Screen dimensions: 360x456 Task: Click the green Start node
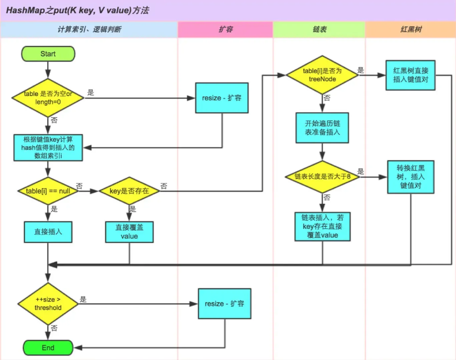click(48, 54)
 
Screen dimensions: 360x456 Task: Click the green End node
click(48, 348)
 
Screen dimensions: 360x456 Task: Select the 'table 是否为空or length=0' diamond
click(48, 98)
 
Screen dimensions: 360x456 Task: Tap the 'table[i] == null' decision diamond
click(48, 191)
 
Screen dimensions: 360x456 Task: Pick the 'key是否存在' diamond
click(129, 191)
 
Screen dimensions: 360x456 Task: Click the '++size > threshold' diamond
click(48, 304)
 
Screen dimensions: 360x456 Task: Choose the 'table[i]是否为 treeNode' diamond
click(322, 75)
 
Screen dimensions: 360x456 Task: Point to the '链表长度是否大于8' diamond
click(322, 176)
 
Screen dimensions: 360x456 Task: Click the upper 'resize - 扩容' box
click(221, 98)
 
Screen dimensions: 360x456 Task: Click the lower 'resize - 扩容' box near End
click(224, 304)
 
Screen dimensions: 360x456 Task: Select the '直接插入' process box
click(48, 232)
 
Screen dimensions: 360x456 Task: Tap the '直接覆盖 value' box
click(129, 232)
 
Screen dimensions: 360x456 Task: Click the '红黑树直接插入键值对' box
click(410, 75)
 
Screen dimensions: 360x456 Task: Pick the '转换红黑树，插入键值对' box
click(410, 177)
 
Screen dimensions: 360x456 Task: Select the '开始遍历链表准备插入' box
click(322, 128)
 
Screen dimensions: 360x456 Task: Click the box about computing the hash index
click(48, 148)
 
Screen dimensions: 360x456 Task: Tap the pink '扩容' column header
click(225, 29)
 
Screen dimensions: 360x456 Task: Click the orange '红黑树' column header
click(411, 29)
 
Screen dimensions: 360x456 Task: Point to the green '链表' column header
click(319, 29)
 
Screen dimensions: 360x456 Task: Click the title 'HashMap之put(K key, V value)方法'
click(77, 10)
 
